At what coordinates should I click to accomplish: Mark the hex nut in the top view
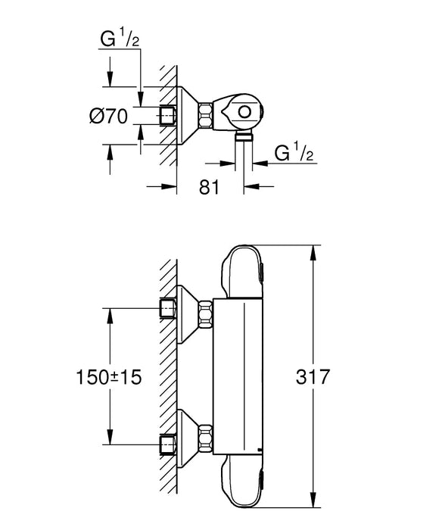[205, 115]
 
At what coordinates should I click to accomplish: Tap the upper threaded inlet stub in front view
[167, 307]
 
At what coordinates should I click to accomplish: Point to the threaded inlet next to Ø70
[167, 115]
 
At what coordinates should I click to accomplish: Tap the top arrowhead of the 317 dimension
[313, 251]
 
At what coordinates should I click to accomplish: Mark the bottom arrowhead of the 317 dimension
[313, 501]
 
